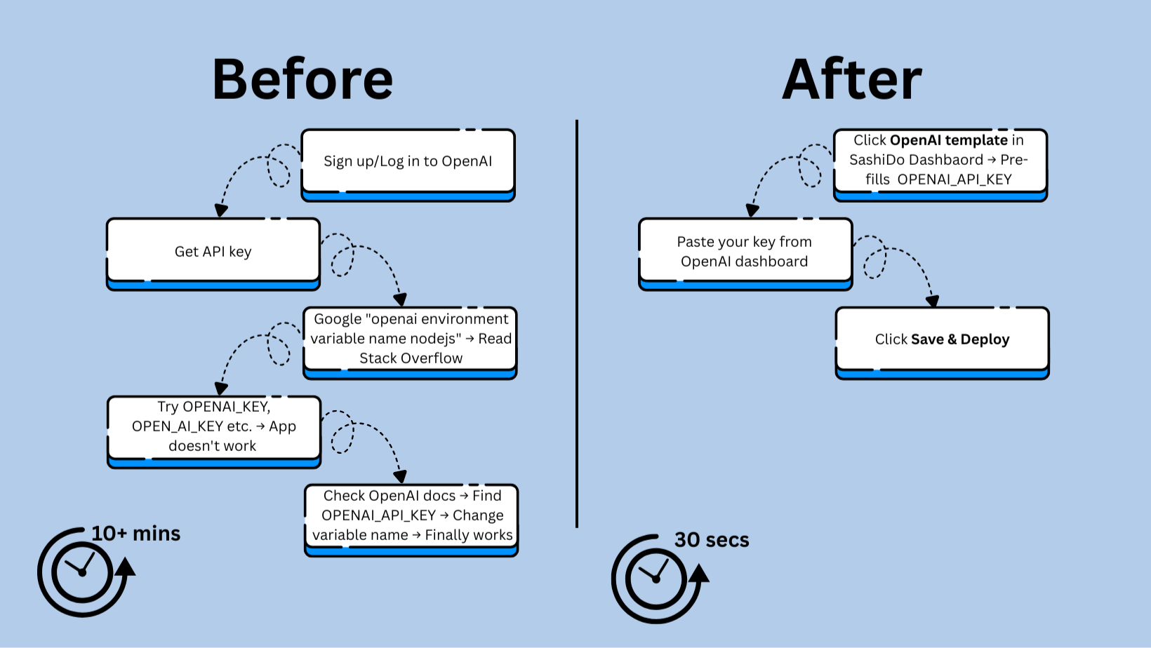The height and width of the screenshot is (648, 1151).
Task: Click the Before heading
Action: [302, 79]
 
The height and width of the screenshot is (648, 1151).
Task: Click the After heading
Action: [851, 79]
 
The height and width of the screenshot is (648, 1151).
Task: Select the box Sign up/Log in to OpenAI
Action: [408, 162]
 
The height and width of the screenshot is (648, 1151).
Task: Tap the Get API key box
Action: [213, 252]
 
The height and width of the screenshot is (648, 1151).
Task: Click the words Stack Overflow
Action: [411, 358]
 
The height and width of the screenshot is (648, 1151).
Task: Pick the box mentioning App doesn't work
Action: [213, 426]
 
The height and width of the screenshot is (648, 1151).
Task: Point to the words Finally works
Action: [469, 535]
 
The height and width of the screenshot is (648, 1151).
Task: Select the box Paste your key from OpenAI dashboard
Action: [745, 252]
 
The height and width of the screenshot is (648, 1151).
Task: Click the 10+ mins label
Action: [136, 534]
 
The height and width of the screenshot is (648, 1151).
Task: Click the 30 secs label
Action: [712, 540]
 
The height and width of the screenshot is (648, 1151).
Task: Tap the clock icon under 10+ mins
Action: [83, 572]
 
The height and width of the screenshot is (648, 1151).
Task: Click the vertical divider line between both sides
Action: [577, 323]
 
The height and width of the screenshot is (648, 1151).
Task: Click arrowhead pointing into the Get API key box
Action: [221, 210]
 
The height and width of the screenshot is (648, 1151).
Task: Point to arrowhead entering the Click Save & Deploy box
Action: [932, 301]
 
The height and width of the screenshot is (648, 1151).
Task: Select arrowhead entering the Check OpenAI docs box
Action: [400, 477]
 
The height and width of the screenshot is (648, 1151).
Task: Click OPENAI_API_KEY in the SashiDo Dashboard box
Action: [954, 180]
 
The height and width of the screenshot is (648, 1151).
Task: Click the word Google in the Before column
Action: [338, 319]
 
